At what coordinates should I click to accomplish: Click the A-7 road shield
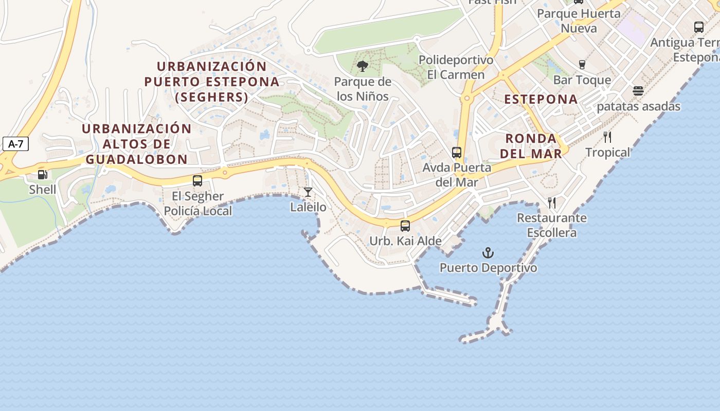15,144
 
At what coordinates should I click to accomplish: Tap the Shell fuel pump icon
43,175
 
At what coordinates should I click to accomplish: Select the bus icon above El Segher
197,181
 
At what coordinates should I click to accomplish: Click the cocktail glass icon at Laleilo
308,192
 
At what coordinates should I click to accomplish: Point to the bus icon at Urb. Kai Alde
405,226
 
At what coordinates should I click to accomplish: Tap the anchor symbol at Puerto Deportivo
488,253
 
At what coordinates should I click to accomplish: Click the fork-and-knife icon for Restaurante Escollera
552,203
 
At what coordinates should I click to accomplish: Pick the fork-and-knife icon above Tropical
607,137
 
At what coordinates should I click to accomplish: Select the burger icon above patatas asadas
638,91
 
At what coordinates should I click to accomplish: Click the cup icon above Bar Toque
582,65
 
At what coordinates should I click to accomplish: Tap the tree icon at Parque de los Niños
363,66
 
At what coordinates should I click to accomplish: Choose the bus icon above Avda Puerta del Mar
457,153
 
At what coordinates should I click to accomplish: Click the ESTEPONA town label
541,99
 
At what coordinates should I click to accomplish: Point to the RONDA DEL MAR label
531,146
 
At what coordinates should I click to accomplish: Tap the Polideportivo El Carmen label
456,67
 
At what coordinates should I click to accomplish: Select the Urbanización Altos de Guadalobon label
136,144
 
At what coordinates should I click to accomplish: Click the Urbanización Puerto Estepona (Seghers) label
211,82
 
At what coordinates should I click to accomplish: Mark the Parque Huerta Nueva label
579,21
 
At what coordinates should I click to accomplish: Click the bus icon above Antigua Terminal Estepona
698,27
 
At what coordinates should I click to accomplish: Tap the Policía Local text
198,211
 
